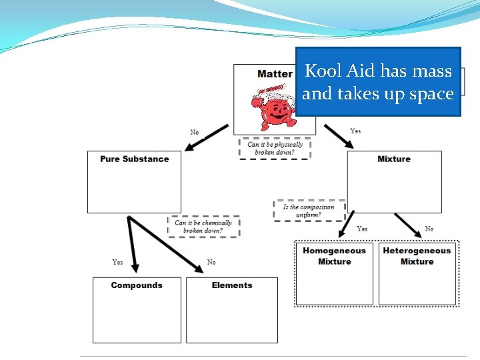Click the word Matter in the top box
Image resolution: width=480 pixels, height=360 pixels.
275,73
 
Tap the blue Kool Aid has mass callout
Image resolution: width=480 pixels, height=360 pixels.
378,82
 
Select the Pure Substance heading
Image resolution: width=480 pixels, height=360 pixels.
134,159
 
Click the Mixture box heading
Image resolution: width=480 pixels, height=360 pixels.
394,159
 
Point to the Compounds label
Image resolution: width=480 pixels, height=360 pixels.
137,285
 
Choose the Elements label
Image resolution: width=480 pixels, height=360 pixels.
232,285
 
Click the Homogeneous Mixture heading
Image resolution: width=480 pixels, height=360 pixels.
334,256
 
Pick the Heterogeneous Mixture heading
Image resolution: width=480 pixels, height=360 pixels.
417,256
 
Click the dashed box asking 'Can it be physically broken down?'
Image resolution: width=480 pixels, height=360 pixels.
275,148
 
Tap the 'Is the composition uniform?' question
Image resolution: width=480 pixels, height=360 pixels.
309,211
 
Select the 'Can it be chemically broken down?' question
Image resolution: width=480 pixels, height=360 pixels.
203,227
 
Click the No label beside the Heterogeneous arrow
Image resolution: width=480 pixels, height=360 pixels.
429,229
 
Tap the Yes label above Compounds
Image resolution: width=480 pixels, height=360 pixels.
117,262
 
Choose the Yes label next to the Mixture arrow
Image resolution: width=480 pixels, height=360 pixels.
355,131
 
